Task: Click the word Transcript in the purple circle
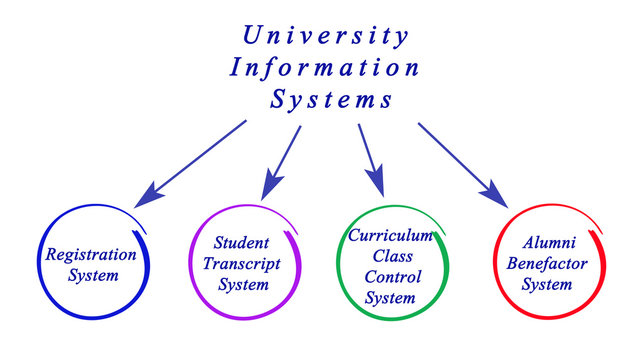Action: coord(242,263)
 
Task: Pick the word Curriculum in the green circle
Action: coord(390,235)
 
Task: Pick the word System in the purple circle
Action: coord(243,284)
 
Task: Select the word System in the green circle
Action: coord(389,297)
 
